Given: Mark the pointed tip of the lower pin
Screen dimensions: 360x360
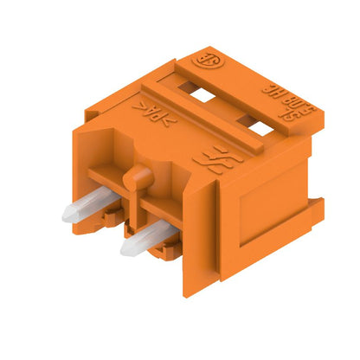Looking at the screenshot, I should pyautogui.click(x=126, y=254).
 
